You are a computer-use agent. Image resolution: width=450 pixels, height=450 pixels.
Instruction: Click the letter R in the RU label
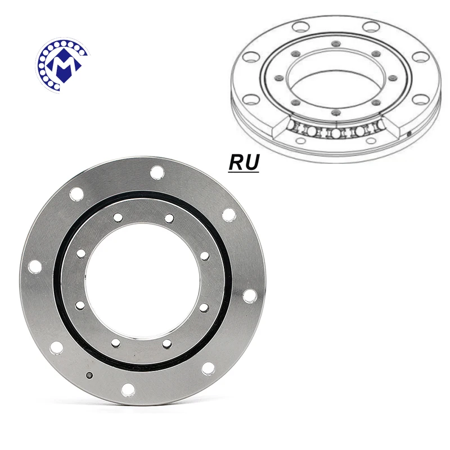pos(236,163)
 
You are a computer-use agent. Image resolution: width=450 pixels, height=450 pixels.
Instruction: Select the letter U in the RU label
pos(251,163)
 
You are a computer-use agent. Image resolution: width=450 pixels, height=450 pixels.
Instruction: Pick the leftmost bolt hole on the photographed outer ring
pos(34,266)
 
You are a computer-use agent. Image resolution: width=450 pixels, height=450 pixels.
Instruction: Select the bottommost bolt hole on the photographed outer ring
pos(128,388)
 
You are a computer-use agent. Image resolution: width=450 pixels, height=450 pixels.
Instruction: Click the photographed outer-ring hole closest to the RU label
pos(228,214)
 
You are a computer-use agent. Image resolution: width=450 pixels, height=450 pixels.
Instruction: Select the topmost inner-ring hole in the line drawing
pos(335,43)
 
